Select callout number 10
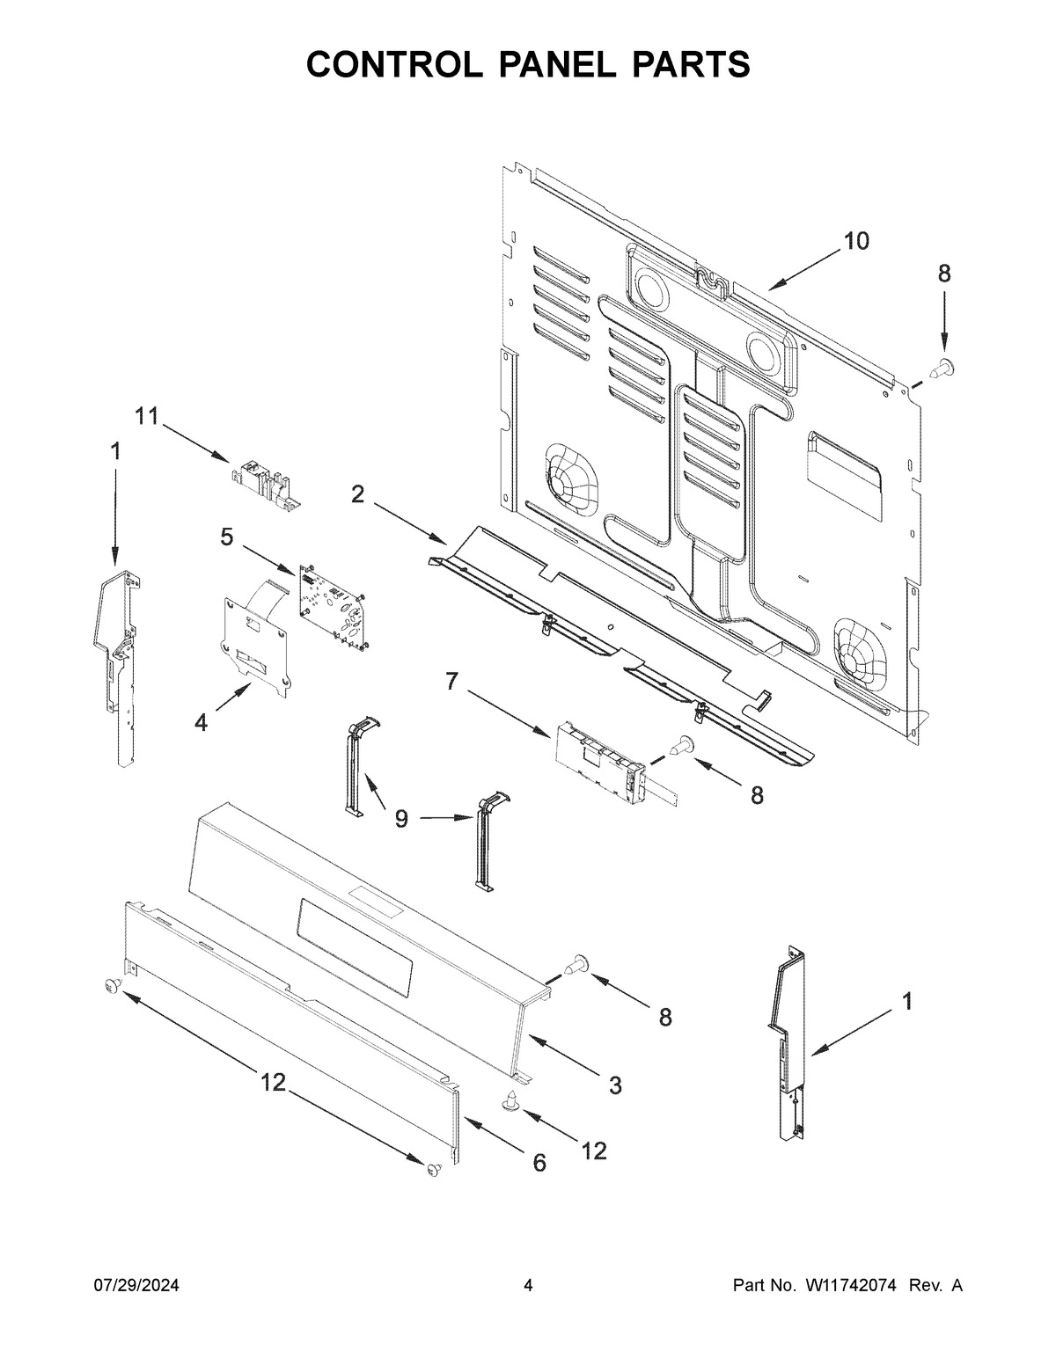click(855, 240)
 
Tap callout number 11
click(147, 416)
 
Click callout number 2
click(357, 494)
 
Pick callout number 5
click(227, 536)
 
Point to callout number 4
click(202, 722)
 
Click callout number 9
click(401, 819)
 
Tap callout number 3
click(614, 1085)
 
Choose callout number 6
click(539, 1163)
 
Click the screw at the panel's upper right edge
click(943, 365)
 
